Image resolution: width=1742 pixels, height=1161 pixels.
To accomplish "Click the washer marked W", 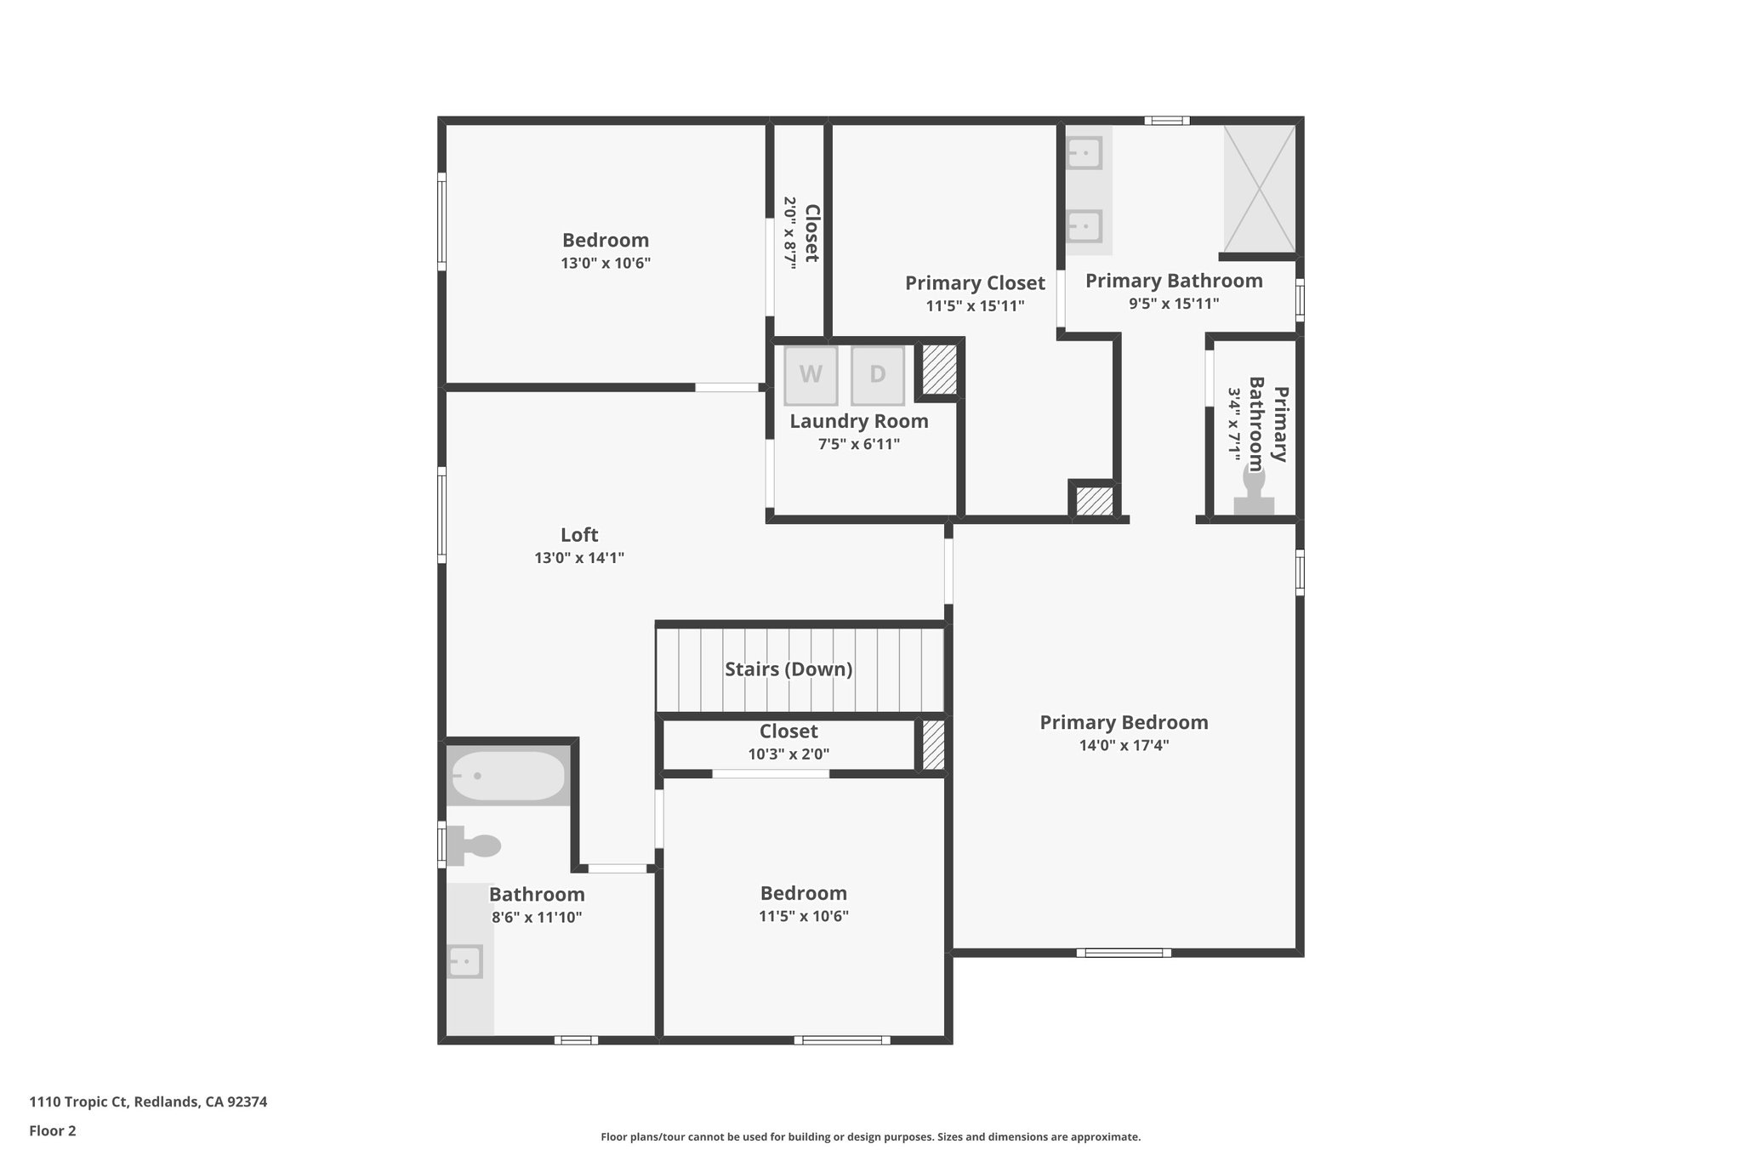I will tap(811, 375).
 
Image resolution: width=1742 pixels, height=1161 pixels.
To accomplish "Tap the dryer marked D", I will tap(877, 375).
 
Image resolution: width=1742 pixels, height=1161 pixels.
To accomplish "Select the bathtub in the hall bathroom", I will tap(508, 776).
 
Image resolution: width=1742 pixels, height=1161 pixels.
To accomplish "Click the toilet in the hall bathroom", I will tap(476, 845).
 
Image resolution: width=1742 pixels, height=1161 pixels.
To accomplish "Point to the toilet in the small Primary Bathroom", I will tap(1254, 494).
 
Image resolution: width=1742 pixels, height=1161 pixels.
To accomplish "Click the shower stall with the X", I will tap(1259, 188).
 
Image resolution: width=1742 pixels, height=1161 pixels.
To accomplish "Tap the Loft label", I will tap(579, 535).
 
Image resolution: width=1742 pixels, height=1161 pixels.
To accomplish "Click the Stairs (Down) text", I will tap(788, 669).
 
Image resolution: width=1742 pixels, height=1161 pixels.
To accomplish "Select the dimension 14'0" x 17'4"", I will tap(1124, 745).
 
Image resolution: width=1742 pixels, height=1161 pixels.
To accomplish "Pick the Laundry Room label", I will tap(859, 421).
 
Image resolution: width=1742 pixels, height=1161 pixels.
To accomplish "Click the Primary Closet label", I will tap(975, 283).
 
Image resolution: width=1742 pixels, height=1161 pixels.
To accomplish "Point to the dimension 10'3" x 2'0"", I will tap(788, 754).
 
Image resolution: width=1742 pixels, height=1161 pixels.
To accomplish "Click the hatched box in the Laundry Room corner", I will tap(939, 369).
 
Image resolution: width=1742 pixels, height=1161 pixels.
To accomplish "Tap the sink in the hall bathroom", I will tap(465, 961).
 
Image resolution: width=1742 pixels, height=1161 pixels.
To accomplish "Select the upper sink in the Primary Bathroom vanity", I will tap(1084, 154).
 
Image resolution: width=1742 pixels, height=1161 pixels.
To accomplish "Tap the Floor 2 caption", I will tap(53, 1130).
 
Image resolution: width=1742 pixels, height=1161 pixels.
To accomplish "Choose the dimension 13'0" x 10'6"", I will tap(606, 264).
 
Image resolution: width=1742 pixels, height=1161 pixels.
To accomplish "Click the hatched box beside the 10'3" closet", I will tap(933, 745).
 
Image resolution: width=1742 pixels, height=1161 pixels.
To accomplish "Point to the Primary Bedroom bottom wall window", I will tap(1124, 953).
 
